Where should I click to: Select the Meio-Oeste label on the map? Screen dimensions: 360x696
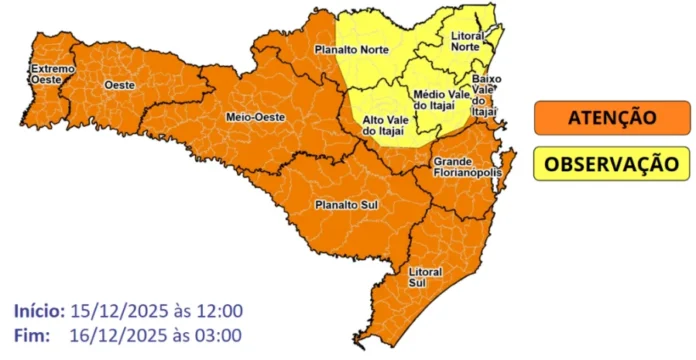click(255, 117)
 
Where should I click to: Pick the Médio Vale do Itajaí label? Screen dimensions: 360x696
click(436, 97)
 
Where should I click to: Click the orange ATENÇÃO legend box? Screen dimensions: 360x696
click(611, 118)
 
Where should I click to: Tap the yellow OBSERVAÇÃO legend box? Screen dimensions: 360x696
click(611, 163)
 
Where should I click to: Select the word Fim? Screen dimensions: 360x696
click(33, 333)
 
